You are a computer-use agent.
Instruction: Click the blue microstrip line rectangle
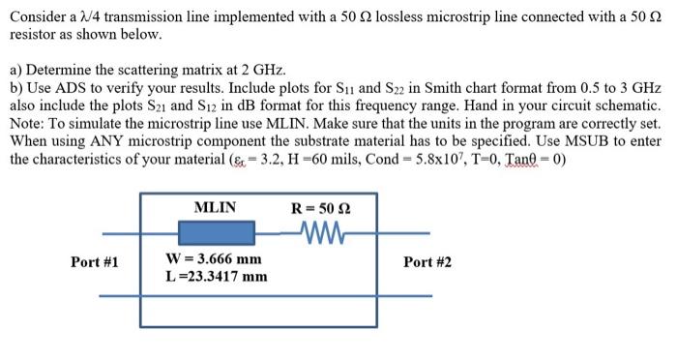point(216,233)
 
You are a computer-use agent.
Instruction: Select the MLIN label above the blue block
point(215,207)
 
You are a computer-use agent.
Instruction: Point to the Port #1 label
point(95,261)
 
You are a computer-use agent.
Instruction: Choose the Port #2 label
point(427,261)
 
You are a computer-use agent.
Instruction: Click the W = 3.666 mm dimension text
point(214,258)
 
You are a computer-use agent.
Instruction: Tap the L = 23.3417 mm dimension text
point(217,276)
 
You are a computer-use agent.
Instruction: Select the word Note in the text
point(26,123)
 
